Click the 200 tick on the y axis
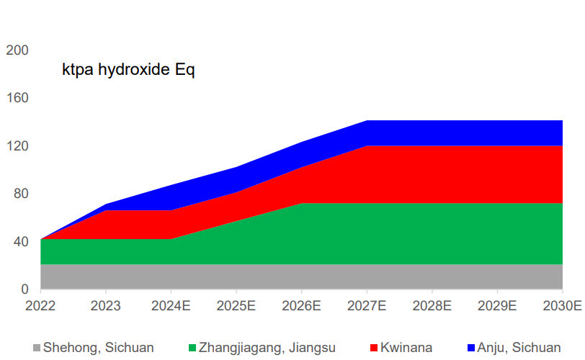pos(17,50)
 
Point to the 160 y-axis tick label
pos(17,98)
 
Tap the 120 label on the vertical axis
pos(17,146)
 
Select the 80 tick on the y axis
pos(20,194)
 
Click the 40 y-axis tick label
pos(20,242)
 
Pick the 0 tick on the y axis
pos(24,289)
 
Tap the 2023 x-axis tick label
pos(107,305)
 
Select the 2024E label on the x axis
pos(171,305)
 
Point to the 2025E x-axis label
pos(236,305)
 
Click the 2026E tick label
pos(301,305)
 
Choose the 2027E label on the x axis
pos(366,305)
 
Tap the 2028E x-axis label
pos(431,305)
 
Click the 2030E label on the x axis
pos(563,305)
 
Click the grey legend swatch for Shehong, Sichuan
pos(37,348)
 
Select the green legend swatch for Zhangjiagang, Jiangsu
pos(192,348)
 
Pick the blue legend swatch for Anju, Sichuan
pos(470,348)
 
